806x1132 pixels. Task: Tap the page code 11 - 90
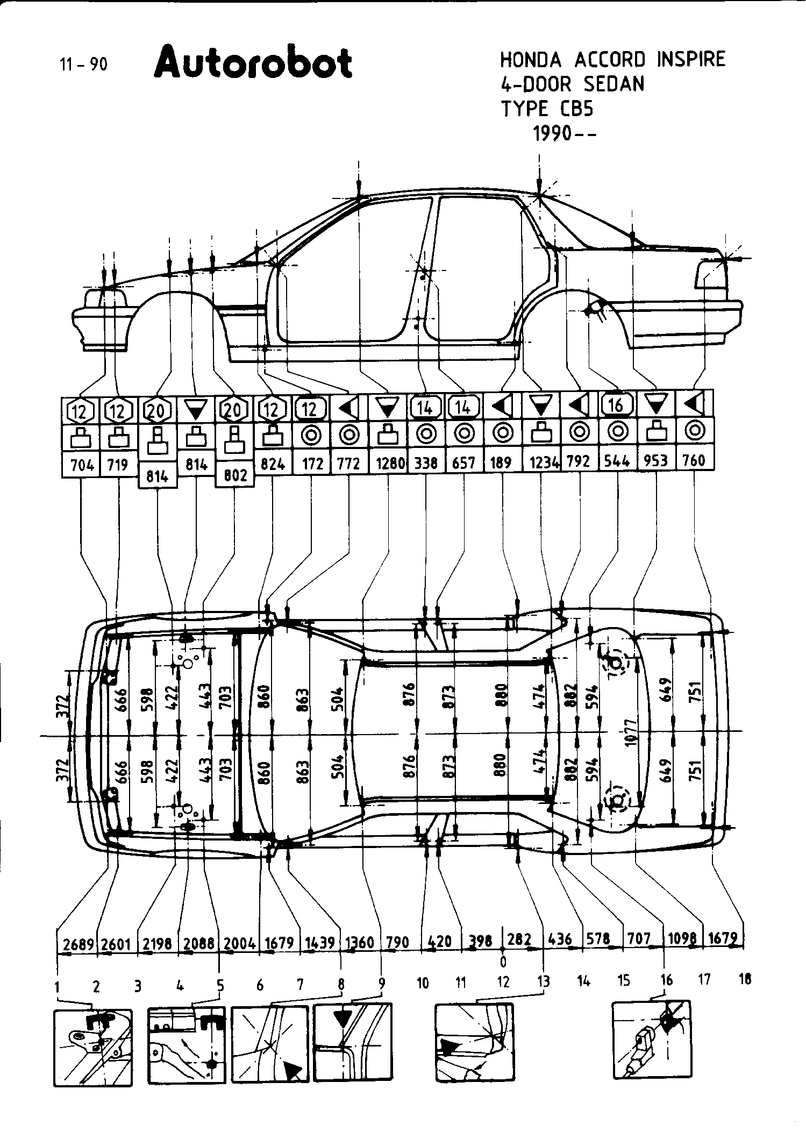[x=83, y=65]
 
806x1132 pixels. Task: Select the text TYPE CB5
[x=547, y=109]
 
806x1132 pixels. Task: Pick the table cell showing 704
[x=82, y=464]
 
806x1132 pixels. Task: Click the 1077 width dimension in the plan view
[x=631, y=731]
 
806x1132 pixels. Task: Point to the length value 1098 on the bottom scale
[x=682, y=939]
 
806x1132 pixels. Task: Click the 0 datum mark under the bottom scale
[x=503, y=960]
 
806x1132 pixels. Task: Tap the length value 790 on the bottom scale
[x=397, y=942]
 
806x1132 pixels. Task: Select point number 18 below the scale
[x=745, y=980]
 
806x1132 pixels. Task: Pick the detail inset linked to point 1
[x=93, y=1048]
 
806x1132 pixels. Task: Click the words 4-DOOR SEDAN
[x=572, y=84]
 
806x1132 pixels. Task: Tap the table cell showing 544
[x=617, y=461]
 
